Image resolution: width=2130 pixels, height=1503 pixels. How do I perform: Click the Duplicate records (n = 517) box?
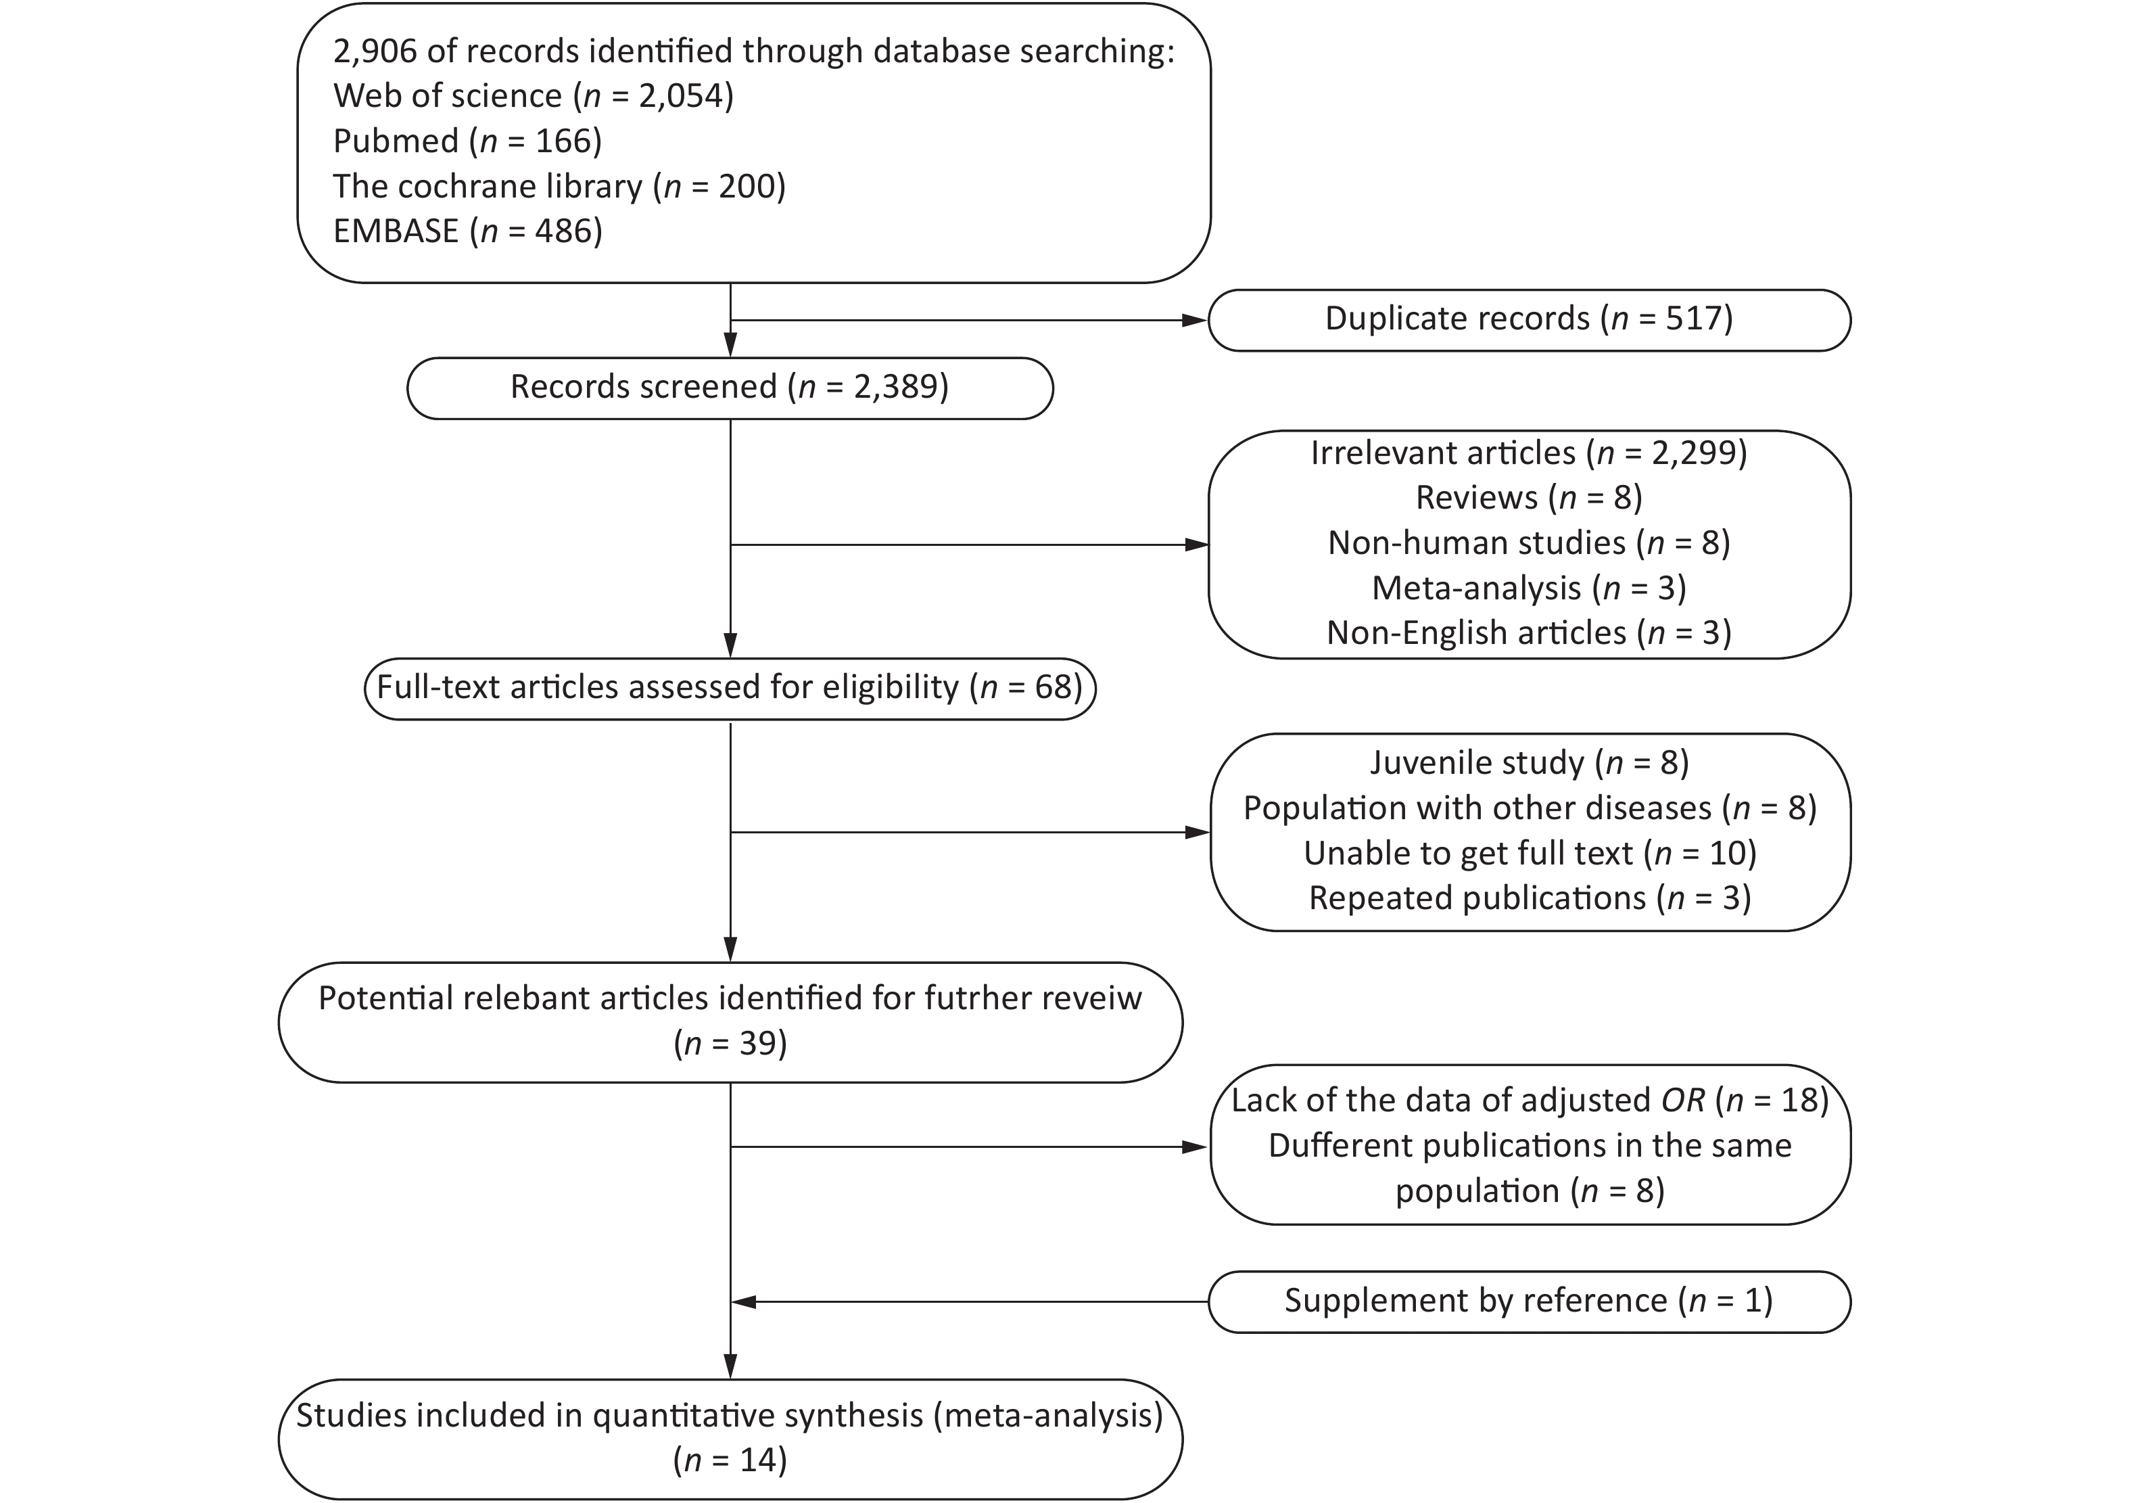1529,320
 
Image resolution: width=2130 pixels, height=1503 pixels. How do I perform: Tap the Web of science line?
534,95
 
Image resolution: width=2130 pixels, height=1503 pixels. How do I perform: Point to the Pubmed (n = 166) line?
467,141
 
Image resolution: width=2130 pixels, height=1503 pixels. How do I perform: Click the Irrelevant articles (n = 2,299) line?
1529,453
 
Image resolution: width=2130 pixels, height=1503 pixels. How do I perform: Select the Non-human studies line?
1529,542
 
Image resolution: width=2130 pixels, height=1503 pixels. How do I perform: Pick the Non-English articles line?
1529,632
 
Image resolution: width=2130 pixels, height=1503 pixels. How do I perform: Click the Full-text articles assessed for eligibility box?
730,689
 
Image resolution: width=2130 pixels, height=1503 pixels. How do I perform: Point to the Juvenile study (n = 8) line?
1529,762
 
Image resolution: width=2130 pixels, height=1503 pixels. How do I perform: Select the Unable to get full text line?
1530,854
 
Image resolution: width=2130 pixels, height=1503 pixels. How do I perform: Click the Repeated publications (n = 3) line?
1530,898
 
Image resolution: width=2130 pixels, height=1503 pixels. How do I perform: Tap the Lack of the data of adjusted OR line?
1530,1101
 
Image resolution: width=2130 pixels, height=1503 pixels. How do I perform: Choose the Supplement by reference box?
1529,1301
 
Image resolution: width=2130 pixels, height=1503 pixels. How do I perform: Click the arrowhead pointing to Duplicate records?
1195,320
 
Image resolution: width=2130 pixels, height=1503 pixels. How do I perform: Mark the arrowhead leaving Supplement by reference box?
744,1301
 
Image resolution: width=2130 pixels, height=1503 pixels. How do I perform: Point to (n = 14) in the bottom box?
730,1460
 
